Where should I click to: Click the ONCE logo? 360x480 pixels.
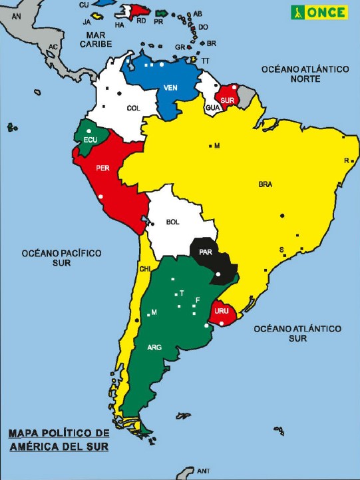point(319,11)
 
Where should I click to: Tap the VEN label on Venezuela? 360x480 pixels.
point(170,87)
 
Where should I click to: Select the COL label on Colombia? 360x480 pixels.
point(133,108)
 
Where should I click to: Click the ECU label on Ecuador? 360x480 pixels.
point(91,139)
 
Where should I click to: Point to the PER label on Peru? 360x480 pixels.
point(102,168)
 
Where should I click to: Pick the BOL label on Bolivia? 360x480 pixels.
point(173,222)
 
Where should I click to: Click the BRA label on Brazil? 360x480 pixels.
point(266,184)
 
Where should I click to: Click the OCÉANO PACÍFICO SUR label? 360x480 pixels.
point(61,258)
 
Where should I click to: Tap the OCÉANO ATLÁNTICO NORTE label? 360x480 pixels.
point(305,74)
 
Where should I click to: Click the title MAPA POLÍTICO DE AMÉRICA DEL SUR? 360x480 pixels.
point(59,440)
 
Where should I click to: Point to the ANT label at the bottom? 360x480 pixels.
point(203,471)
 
